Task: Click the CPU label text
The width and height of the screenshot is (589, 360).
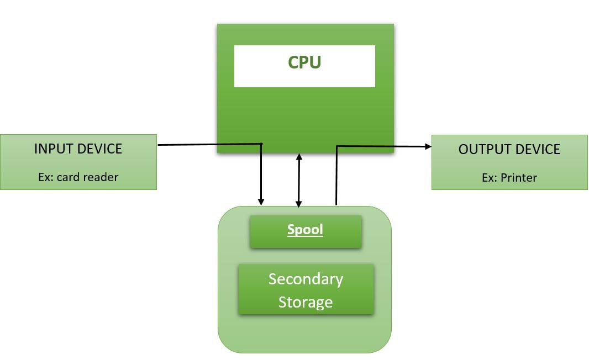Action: click(304, 62)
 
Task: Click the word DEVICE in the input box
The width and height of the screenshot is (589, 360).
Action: click(101, 149)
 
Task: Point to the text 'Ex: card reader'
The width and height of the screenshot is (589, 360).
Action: click(78, 177)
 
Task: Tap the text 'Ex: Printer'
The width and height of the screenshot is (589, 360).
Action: click(509, 177)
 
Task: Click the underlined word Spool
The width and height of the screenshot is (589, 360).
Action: click(305, 230)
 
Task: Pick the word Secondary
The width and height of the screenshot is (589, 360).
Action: click(306, 279)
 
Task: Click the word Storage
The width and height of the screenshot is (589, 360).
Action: click(306, 302)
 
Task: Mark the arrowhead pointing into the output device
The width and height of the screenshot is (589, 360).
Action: click(428, 146)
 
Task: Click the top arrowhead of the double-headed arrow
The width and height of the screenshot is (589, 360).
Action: click(299, 157)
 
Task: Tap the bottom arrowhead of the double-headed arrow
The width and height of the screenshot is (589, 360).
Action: click(299, 204)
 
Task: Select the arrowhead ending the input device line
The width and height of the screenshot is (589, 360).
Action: click(261, 202)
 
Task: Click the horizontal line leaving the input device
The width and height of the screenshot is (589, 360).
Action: click(210, 145)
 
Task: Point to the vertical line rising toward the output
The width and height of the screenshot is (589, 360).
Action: click(336, 177)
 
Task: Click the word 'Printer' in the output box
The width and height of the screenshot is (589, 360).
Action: click(520, 177)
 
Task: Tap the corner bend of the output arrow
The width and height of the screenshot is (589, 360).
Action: click(336, 146)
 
